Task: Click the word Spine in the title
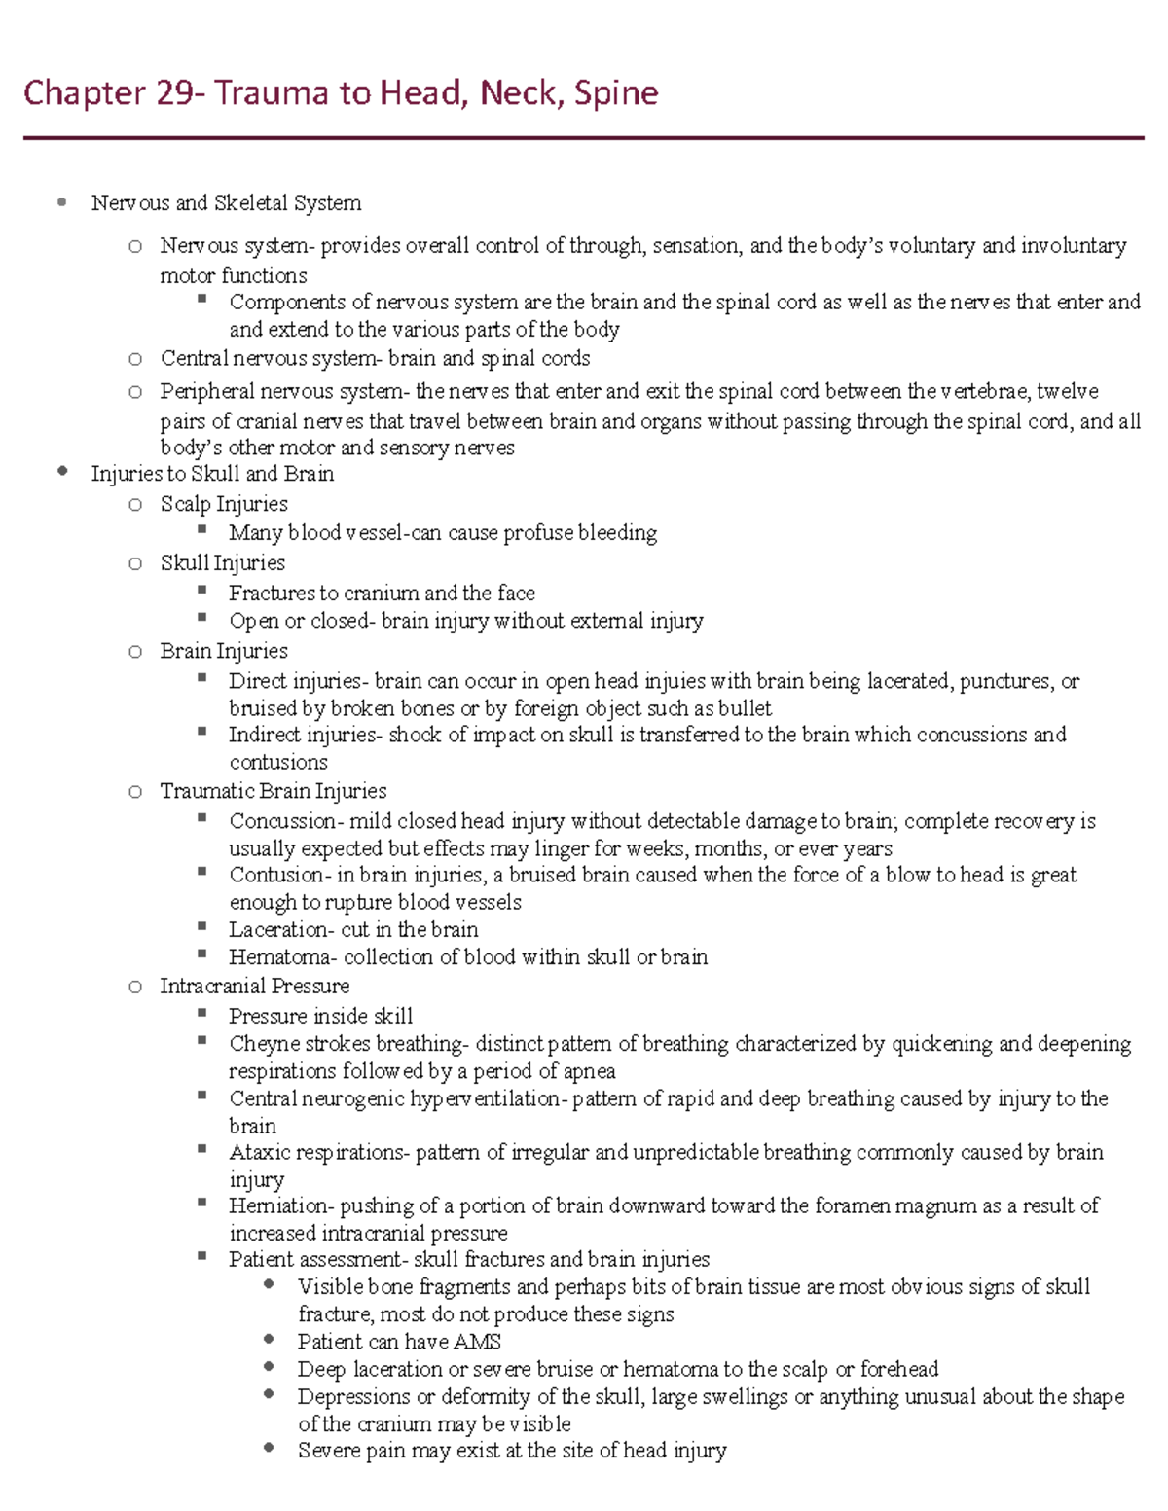pos(616,93)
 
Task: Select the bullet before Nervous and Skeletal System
pos(62,202)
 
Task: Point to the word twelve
pos(1068,391)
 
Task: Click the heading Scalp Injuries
pos(224,504)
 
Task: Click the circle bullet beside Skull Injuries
pos(135,563)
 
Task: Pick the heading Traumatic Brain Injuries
pos(274,791)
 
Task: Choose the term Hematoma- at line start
pos(283,957)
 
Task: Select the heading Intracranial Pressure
pos(255,986)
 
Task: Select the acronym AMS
pos(477,1342)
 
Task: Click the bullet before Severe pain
pos(269,1449)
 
